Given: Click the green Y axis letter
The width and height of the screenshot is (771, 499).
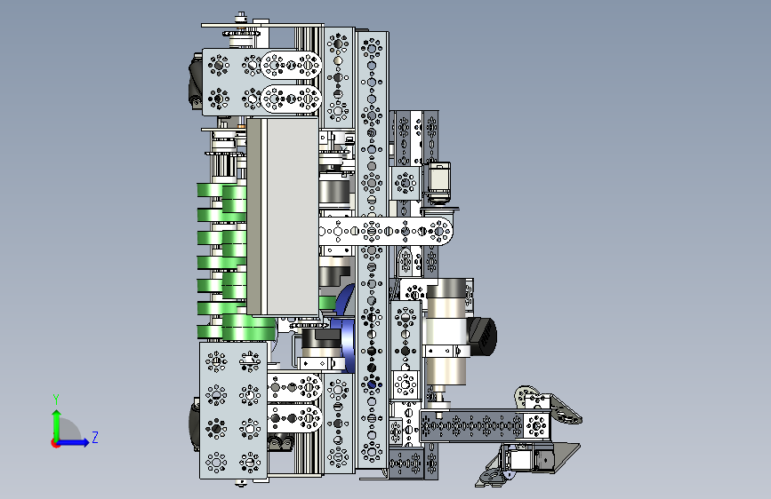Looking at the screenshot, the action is point(56,400).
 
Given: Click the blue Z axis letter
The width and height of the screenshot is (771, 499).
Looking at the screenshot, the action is point(95,437).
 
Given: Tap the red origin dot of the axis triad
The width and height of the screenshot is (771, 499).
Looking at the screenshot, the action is point(55,443).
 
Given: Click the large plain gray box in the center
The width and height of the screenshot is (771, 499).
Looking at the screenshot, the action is point(283,216).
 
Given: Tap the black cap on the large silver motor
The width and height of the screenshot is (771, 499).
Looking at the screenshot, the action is point(482,336).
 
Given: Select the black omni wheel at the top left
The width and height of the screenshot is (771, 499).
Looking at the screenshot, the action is point(196,82).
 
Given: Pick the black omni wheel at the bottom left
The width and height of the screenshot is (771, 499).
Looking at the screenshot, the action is point(194,424).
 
